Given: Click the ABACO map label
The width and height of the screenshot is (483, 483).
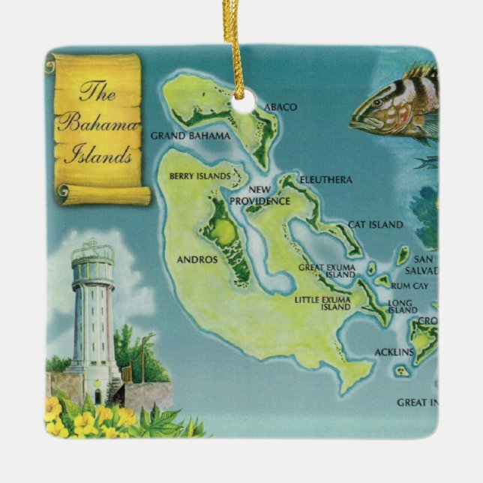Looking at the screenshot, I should [280, 107].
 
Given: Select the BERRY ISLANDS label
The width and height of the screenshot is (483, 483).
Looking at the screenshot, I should [200, 175].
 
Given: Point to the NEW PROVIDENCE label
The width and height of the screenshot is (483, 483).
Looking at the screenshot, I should [259, 196].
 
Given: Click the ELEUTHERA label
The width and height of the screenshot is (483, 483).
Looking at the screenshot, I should [325, 180].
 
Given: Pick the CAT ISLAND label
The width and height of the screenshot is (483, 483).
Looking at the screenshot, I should [375, 224].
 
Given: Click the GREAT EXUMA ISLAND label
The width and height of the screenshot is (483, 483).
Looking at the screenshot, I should [325, 271].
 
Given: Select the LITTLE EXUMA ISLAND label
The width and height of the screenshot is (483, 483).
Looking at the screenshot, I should [323, 303].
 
